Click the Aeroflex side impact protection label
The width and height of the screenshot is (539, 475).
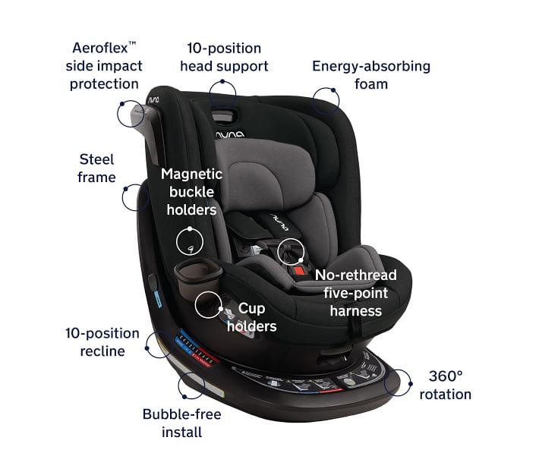[x=104, y=65]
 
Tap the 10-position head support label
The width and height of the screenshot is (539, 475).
[x=224, y=57]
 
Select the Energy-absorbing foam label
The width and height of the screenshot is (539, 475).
[x=371, y=74]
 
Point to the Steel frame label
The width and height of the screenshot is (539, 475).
[x=97, y=168]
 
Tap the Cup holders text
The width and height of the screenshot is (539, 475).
[x=251, y=317]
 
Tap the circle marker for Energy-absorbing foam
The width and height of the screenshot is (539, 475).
[x=326, y=99]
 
